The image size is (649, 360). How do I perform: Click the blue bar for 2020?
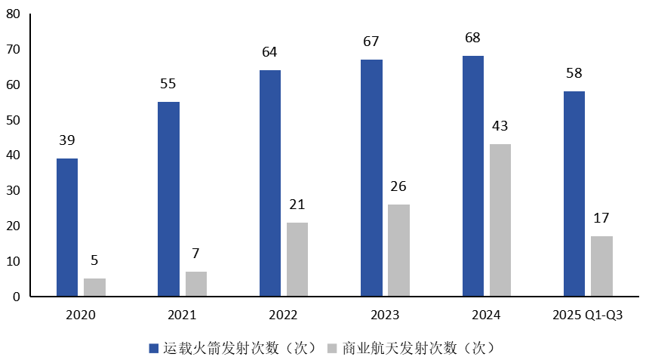click(67, 227)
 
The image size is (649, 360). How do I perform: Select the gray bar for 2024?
click(500, 220)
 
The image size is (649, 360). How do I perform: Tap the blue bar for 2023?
click(371, 177)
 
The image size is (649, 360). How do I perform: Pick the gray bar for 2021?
click(196, 284)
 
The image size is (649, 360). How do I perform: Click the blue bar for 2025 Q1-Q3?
click(574, 194)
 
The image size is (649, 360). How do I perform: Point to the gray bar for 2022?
click(297, 259)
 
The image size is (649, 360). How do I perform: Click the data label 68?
click(473, 38)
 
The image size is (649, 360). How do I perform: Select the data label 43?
click(500, 126)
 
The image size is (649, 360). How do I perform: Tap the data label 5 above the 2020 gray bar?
click(94, 260)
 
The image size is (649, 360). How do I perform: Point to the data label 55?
click(168, 84)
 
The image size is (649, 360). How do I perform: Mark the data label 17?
click(601, 218)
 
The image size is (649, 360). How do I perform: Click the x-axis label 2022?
click(283, 315)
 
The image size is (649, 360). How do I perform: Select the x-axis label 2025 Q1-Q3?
click(588, 315)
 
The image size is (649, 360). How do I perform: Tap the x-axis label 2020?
click(81, 315)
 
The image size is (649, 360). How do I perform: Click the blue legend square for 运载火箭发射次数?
click(155, 348)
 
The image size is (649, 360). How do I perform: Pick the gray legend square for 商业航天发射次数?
click(332, 348)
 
